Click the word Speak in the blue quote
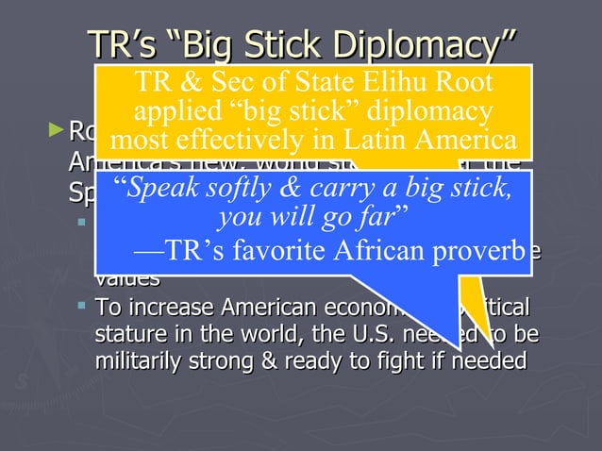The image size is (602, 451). (x=160, y=190)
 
